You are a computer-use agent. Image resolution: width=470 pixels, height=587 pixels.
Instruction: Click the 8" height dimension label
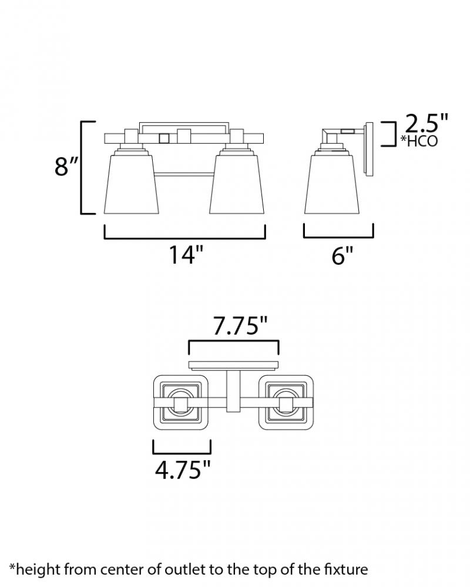(x=67, y=166)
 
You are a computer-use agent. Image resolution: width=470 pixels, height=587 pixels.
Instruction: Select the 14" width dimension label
(x=186, y=255)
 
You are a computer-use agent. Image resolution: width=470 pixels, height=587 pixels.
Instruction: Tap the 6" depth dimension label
(x=342, y=256)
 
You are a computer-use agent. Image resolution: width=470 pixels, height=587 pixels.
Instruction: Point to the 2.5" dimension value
(x=427, y=123)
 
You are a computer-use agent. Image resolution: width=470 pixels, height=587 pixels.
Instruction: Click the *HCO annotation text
(x=419, y=141)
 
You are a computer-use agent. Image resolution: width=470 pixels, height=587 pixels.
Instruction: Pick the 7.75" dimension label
(x=240, y=326)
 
